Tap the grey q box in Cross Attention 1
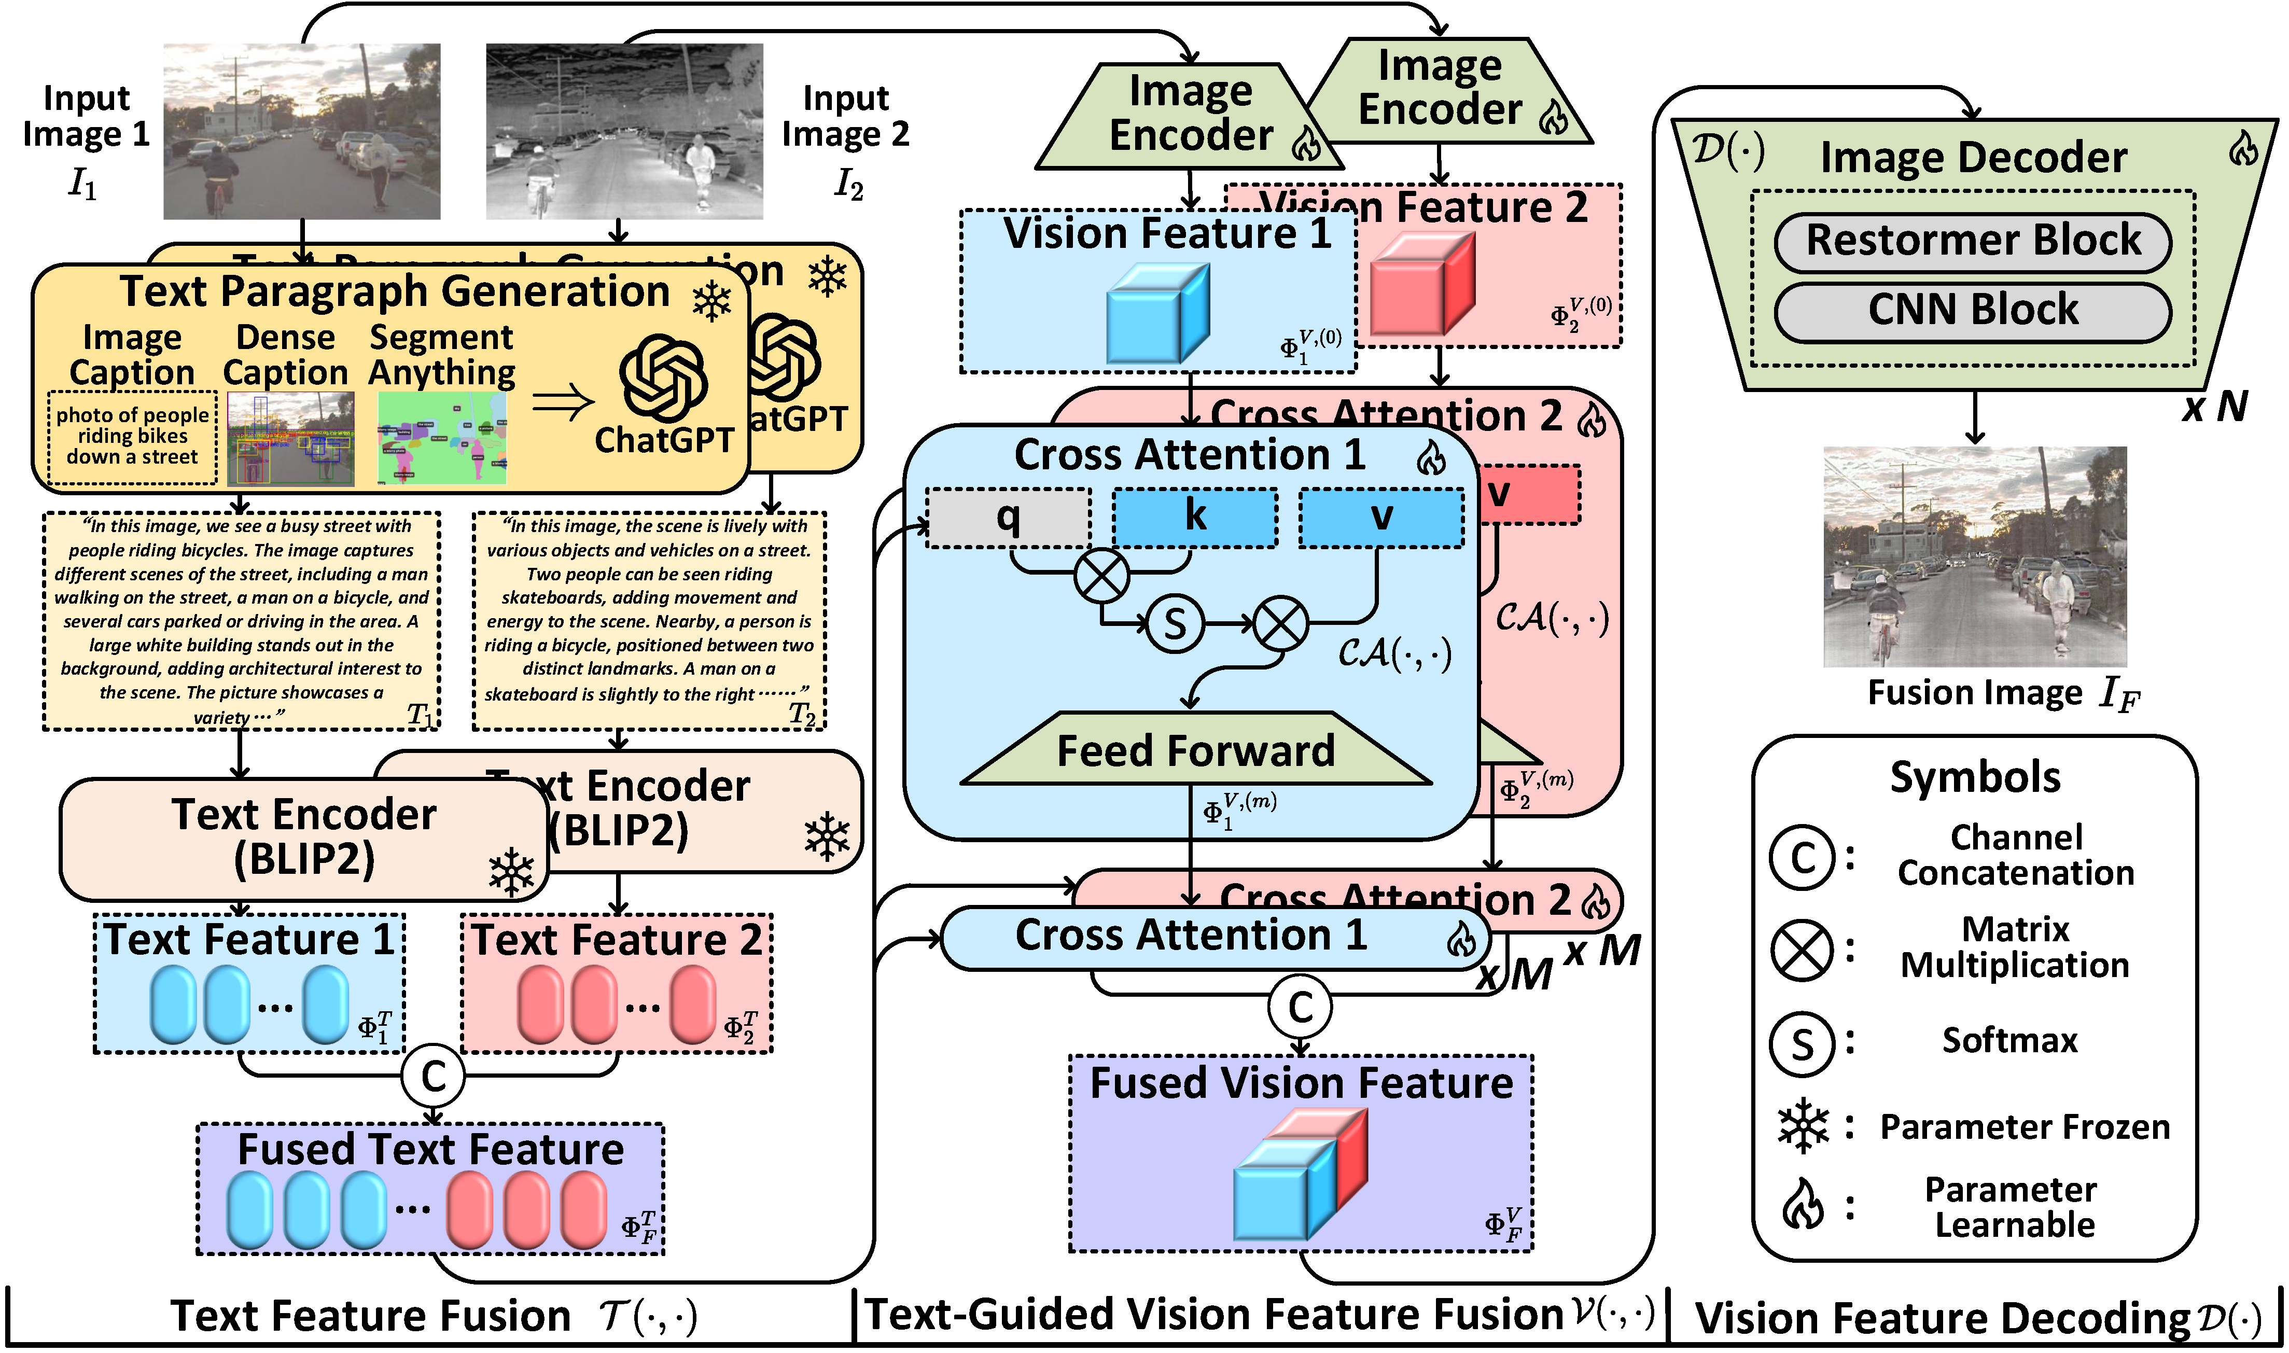1008,517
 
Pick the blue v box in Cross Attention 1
1381,517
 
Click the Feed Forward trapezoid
1195,750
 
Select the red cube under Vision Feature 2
1421,283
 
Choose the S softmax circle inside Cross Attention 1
1174,624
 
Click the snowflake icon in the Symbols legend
1802,1128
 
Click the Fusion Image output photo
1975,556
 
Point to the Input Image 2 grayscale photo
623,131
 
